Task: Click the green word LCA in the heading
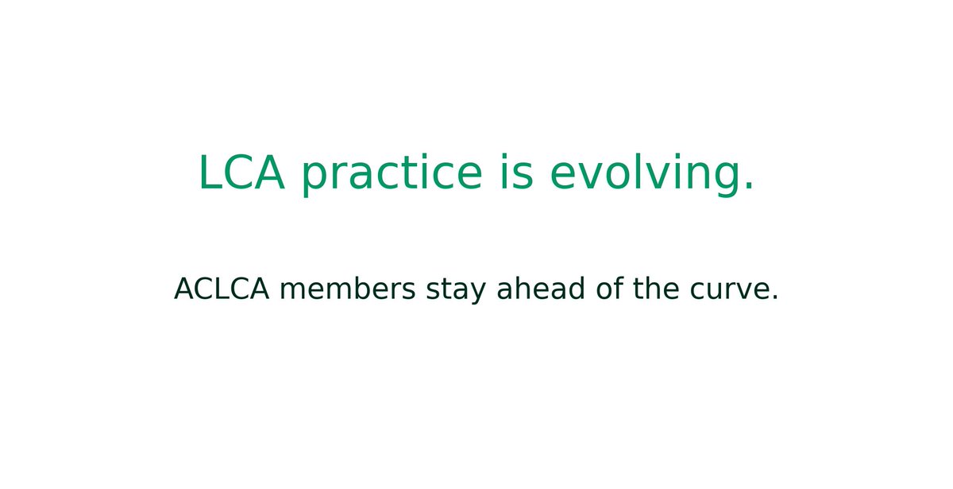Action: click(x=241, y=173)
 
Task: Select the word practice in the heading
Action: click(x=392, y=174)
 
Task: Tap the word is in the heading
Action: click(x=515, y=173)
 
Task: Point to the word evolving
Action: click(x=644, y=174)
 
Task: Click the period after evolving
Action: click(x=748, y=189)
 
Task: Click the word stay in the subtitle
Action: click(x=457, y=291)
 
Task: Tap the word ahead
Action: click(x=540, y=289)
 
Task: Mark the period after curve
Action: click(x=774, y=300)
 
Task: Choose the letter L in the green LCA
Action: click(x=210, y=173)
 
